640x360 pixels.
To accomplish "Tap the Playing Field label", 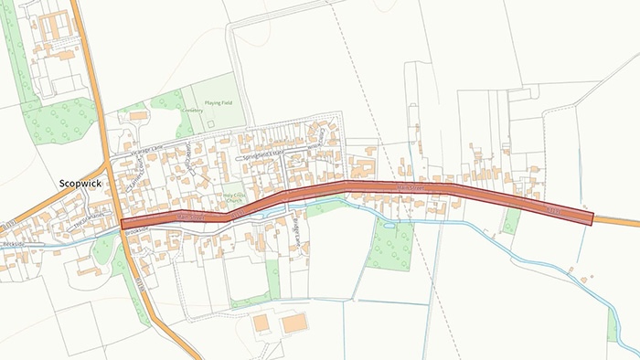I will click(219, 102).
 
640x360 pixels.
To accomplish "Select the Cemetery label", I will click(192, 110).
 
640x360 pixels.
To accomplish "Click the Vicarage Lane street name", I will click(144, 147).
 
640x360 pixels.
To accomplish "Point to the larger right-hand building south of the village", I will click(294, 324).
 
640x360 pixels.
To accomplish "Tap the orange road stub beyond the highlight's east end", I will click(617, 222).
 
